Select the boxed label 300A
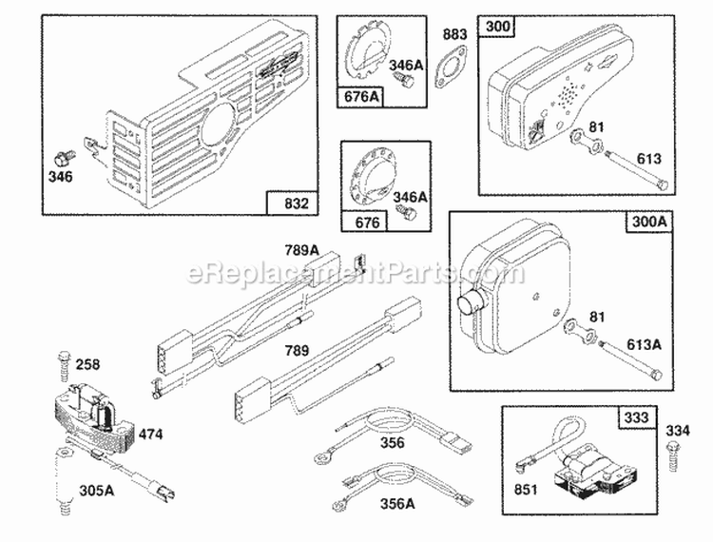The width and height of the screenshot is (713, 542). [646, 223]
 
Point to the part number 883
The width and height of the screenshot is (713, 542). [454, 35]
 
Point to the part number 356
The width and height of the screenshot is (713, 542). [391, 442]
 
